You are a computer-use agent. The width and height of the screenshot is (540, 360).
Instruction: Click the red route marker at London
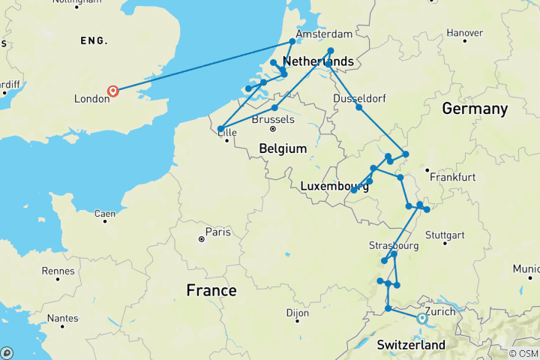point(112,91)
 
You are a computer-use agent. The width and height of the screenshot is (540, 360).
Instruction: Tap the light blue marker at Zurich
point(421,318)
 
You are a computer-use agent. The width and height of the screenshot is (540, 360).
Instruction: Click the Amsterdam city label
point(324,34)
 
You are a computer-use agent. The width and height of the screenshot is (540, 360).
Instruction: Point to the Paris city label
point(218,232)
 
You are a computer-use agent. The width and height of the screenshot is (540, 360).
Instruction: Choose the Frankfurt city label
point(453,178)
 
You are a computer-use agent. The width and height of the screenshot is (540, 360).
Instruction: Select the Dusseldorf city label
point(358,97)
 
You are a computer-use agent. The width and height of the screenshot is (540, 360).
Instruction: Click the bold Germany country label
point(475,109)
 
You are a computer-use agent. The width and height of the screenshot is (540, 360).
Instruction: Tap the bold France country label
point(211,290)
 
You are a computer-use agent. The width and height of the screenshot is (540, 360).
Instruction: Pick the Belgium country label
point(283,149)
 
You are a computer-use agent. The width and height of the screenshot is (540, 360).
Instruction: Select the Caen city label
point(105,214)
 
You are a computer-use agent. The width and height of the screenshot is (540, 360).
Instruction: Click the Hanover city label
point(464,33)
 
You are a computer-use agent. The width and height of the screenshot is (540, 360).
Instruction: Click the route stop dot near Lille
point(220,130)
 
